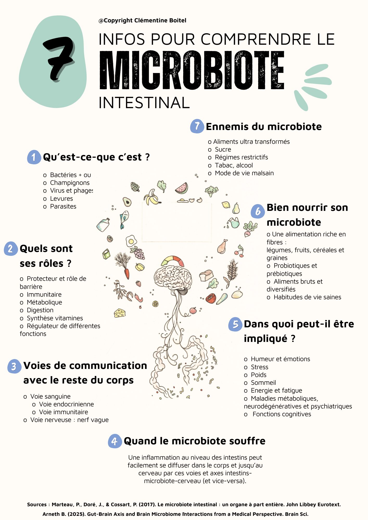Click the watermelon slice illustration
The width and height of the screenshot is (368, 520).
(x=182, y=188)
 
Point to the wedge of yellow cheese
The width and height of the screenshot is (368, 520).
(x=120, y=313)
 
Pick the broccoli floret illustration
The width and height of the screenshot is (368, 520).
(x=211, y=191)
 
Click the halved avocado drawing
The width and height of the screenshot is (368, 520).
(x=127, y=202)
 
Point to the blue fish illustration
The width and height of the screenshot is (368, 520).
(x=124, y=219)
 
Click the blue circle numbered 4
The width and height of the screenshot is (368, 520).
(x=115, y=441)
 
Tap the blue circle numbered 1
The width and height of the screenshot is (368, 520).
(x=34, y=157)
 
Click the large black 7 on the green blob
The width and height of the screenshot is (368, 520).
(x=59, y=58)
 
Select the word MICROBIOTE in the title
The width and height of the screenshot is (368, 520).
(x=192, y=70)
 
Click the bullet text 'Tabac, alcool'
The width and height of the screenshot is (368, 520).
(x=234, y=165)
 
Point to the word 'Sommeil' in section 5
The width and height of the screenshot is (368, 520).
(x=263, y=383)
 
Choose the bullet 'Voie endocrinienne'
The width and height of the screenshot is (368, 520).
(x=66, y=404)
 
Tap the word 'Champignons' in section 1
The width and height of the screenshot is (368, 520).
(x=70, y=183)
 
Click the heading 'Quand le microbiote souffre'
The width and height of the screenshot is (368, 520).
(x=194, y=441)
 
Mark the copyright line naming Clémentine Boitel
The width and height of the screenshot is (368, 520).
(x=142, y=21)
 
